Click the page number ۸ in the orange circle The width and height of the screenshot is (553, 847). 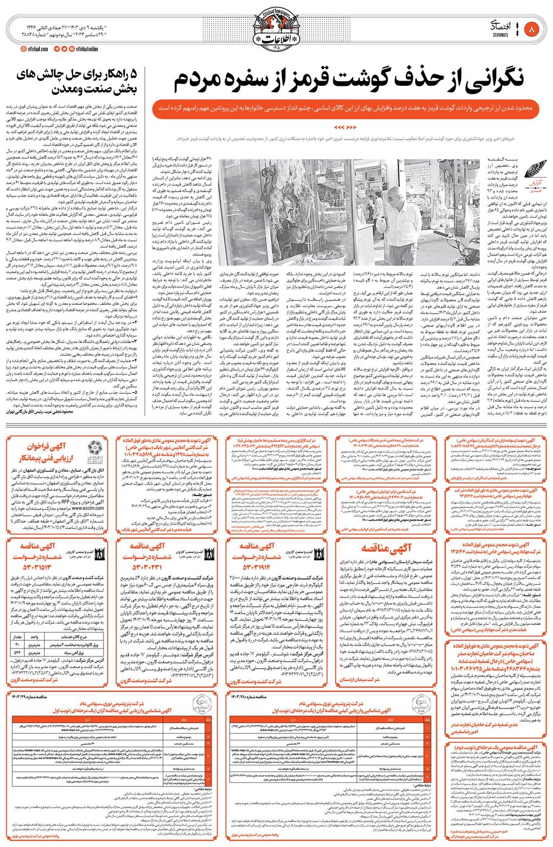point(532,28)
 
